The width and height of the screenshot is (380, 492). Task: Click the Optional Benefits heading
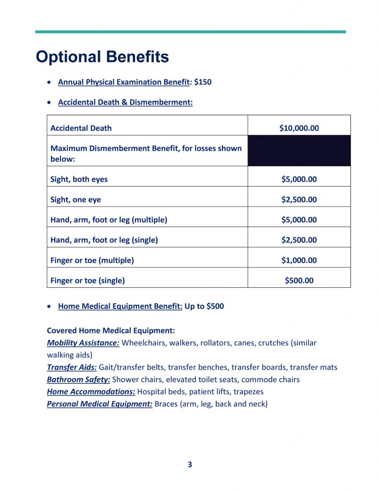click(102, 57)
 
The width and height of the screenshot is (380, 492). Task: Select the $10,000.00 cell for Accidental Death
click(299, 128)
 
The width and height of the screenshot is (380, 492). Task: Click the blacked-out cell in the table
click(299, 151)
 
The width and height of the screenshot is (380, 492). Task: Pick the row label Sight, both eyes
click(79, 179)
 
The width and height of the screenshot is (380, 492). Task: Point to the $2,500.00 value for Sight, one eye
click(299, 199)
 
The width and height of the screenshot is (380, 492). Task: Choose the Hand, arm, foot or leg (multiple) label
click(109, 220)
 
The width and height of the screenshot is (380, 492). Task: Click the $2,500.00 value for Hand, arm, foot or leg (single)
click(299, 240)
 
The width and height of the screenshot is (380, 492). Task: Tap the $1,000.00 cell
click(299, 260)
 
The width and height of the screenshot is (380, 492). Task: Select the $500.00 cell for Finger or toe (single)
click(299, 281)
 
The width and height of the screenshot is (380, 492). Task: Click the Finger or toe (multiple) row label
click(92, 260)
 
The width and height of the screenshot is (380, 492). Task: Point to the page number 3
click(190, 465)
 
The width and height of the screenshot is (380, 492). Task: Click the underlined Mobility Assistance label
click(83, 343)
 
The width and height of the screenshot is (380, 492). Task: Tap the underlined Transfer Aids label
click(72, 368)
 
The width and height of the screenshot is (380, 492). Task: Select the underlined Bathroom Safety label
click(78, 380)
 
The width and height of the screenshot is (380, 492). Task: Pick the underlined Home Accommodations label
click(91, 392)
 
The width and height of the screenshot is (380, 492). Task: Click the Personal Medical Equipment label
click(99, 404)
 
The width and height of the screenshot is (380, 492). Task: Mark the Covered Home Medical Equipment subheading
click(110, 331)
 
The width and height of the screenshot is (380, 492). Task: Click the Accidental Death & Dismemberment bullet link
click(125, 102)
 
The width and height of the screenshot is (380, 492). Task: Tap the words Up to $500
click(204, 307)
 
